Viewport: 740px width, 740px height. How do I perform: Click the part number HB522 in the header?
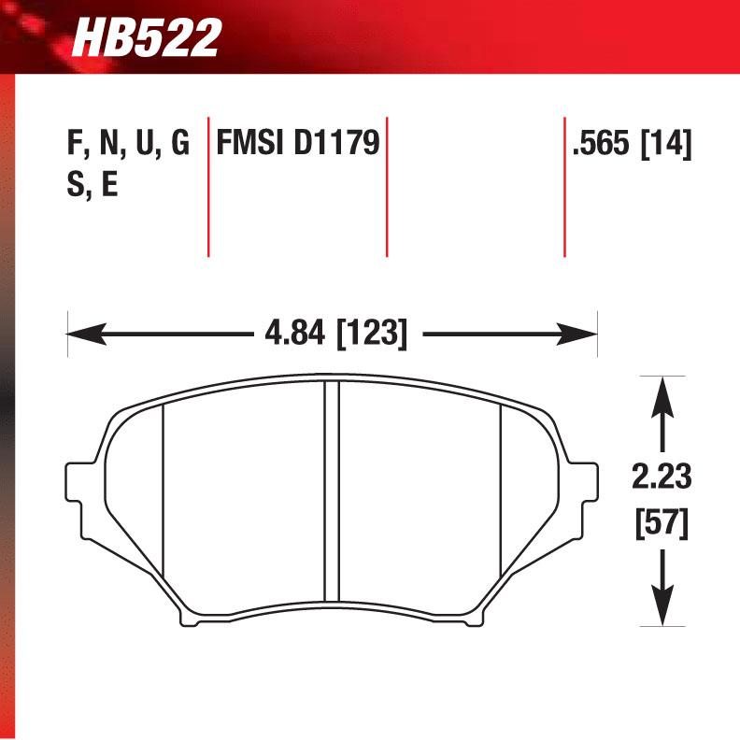(147, 37)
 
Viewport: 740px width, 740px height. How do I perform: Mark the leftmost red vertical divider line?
(207, 187)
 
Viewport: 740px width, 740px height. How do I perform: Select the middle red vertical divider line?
(386, 187)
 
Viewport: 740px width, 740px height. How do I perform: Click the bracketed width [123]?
(372, 334)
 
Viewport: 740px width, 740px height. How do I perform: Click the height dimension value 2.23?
(662, 477)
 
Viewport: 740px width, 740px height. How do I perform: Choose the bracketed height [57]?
(662, 523)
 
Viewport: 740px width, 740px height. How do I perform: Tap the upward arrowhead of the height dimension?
(662, 388)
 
